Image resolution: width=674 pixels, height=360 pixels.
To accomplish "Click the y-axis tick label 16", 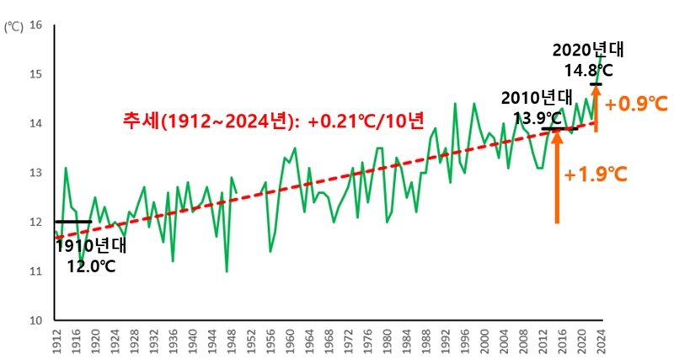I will point(35,25).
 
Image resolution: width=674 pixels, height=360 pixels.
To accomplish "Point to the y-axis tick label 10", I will point(35,321).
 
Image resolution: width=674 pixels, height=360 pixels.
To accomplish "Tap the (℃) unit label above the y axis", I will point(14,26).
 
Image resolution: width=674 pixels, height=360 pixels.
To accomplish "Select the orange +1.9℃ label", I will point(596,175).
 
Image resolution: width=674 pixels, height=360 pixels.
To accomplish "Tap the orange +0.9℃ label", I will point(636,105).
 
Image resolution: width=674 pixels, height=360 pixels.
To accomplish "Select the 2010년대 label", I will point(536,97).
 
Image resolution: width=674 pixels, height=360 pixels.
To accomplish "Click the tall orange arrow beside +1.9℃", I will point(557,177).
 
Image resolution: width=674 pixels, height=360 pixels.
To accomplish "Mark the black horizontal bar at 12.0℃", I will point(72,222).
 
